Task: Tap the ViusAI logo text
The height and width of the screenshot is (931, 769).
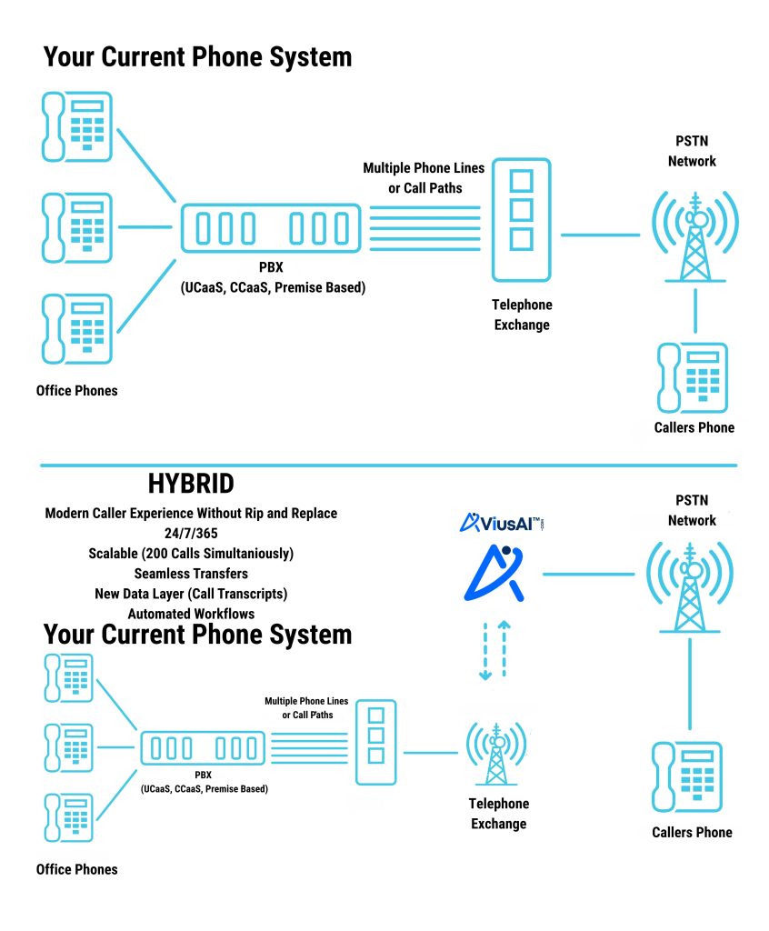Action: [x=502, y=522]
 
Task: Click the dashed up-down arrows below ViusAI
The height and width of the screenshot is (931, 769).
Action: [x=494, y=651]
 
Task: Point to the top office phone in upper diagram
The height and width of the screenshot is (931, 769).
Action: [x=77, y=127]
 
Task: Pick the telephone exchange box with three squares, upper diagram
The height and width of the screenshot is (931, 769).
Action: [x=521, y=219]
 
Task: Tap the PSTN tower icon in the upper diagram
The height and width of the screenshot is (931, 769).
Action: [x=695, y=235]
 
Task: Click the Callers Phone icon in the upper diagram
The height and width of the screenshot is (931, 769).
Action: [x=693, y=376]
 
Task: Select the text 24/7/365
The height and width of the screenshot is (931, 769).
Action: [x=191, y=533]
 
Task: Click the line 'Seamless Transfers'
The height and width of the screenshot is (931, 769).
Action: [x=191, y=574]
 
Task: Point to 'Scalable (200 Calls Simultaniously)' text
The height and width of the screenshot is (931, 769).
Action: [x=191, y=553]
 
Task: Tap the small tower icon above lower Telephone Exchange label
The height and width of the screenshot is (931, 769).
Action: [x=496, y=753]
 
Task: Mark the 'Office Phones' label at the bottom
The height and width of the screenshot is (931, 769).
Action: [x=76, y=869]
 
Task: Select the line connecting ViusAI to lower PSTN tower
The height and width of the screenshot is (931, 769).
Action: [x=588, y=575]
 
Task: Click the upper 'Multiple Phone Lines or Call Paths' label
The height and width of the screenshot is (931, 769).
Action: [x=424, y=177]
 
